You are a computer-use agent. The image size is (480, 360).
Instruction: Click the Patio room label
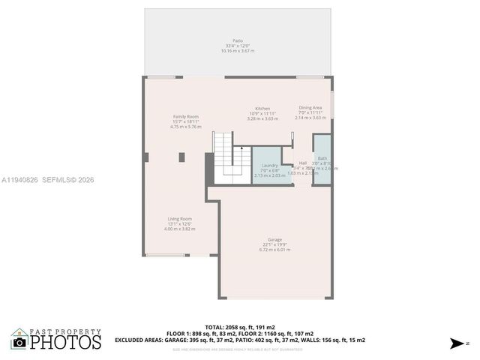(x=238, y=40)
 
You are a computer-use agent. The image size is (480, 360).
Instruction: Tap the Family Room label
(x=186, y=117)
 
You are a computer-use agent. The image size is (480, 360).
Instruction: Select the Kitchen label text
(x=262, y=109)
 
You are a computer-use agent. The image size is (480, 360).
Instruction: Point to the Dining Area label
(x=310, y=107)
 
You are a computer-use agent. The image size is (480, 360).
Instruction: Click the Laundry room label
(x=270, y=165)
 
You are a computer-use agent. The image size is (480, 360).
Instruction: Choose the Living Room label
(x=180, y=219)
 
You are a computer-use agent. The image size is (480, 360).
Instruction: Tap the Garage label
(x=274, y=240)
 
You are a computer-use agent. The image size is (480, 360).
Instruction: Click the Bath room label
(x=322, y=158)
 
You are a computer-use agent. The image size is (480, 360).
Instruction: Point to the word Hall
(x=303, y=163)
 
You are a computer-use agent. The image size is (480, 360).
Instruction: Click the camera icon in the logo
(x=19, y=343)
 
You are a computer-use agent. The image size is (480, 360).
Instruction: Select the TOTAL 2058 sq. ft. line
(x=240, y=328)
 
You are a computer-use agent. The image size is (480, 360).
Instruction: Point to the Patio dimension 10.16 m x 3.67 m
(x=238, y=51)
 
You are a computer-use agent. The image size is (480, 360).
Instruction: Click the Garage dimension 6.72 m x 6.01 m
(x=274, y=250)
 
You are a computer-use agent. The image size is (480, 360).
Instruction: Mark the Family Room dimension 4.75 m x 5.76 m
(x=186, y=127)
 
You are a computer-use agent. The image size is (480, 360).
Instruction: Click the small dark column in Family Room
(x=182, y=157)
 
